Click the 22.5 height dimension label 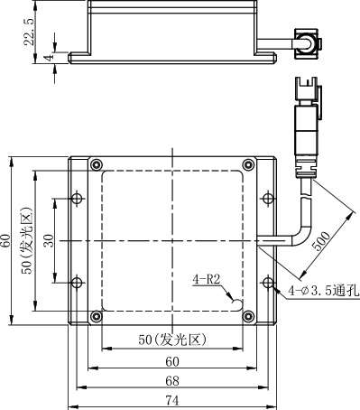[30, 32]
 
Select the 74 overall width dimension [172, 401]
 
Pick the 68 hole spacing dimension [172, 381]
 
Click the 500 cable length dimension [321, 241]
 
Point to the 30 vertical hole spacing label [49, 240]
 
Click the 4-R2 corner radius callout [207, 280]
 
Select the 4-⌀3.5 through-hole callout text [324, 291]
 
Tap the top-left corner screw [97, 165]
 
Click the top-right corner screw [248, 164]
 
